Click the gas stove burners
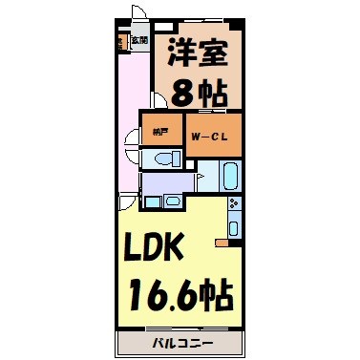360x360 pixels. [232, 203]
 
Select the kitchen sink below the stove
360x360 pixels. [232, 226]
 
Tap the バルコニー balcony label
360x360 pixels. [179, 342]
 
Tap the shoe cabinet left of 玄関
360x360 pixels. [121, 42]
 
